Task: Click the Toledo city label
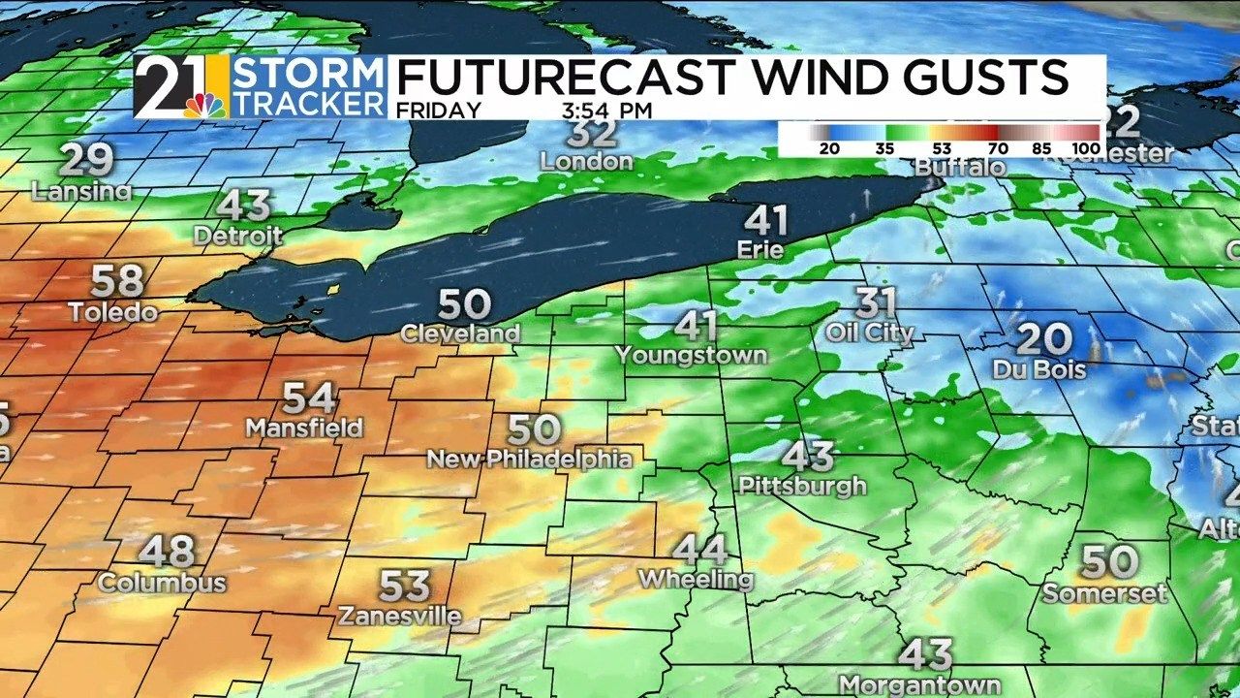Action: point(112,312)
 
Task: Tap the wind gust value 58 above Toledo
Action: point(117,281)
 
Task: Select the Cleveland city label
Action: point(461,333)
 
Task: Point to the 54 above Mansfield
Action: point(309,398)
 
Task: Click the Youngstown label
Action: point(691,355)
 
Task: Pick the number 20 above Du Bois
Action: point(1044,340)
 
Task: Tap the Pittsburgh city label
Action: point(802,485)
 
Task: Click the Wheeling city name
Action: point(696,580)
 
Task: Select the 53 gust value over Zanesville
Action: point(404,586)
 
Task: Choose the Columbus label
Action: point(162,583)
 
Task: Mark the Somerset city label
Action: point(1105,593)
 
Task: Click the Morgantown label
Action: point(919,684)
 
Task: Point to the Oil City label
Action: point(869,333)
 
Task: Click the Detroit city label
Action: point(238,236)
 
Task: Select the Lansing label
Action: point(81,192)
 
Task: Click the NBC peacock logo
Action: point(204,104)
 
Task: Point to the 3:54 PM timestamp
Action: point(606,111)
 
